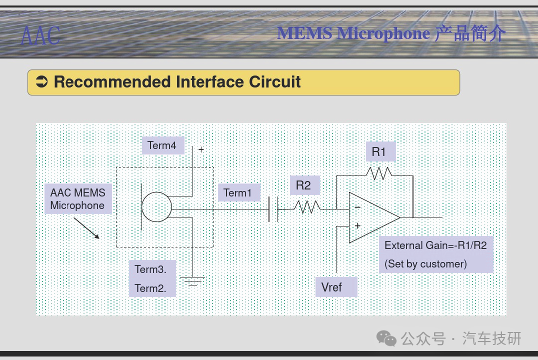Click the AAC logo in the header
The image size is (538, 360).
[x=40, y=35]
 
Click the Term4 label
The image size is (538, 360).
[x=161, y=145]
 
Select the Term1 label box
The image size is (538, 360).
[x=239, y=192]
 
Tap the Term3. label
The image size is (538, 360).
[x=150, y=269]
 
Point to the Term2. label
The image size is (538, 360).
[x=150, y=288]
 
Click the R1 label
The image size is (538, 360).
[x=379, y=151]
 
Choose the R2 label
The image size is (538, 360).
[x=303, y=185]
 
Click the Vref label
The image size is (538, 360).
[x=331, y=287]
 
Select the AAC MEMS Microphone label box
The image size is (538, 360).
[x=78, y=198]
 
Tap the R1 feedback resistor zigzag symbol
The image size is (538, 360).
[x=379, y=173]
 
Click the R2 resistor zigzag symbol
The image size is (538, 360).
[x=307, y=206]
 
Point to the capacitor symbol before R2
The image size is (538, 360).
[x=273, y=209]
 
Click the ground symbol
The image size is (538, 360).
[x=192, y=281]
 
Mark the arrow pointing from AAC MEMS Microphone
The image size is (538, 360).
[x=86, y=228]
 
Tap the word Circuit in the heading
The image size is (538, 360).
[x=275, y=82]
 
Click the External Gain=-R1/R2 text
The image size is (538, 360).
[x=435, y=245]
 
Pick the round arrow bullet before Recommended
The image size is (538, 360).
[x=42, y=81]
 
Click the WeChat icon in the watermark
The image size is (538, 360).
[x=386, y=338]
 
